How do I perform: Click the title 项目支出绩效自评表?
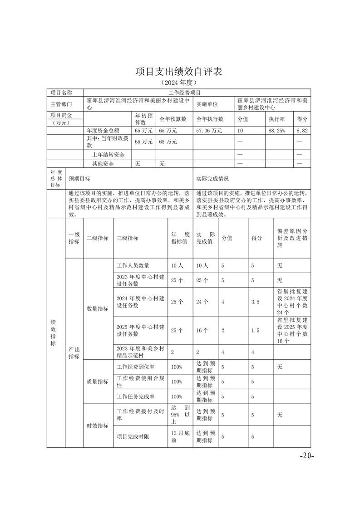point(179,72)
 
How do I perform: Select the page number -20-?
point(307,455)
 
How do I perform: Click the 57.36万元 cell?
point(209,131)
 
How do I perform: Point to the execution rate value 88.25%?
point(276,131)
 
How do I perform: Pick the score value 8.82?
point(302,131)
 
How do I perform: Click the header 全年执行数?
point(210,119)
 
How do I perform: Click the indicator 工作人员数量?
point(133,265)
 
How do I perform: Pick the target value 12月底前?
point(180,437)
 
